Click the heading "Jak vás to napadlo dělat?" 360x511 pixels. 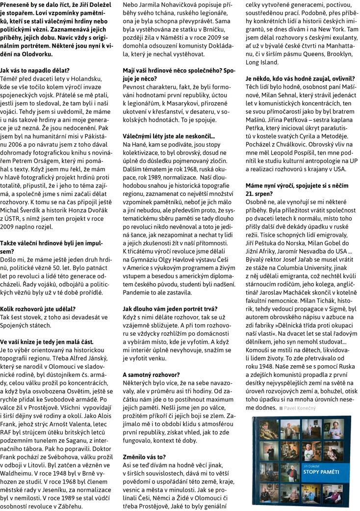pyautogui.click(x=35, y=71)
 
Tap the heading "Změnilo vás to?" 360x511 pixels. pyautogui.click(x=144, y=456)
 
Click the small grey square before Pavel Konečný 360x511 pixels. pyautogui.click(x=281, y=408)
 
